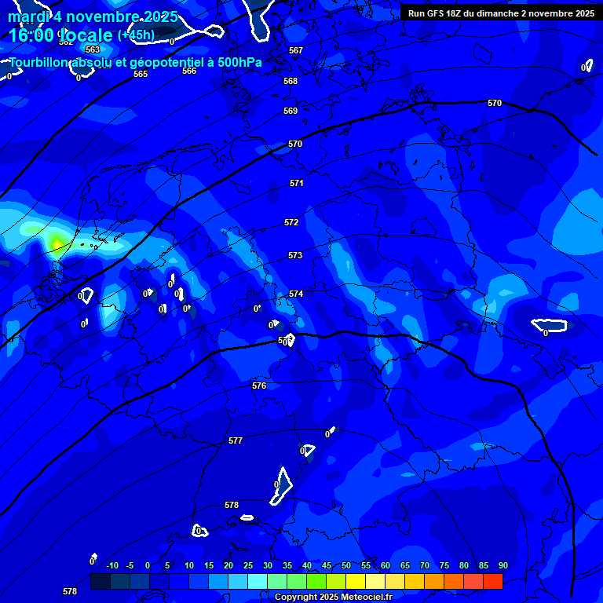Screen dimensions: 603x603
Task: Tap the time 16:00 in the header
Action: click(x=31, y=35)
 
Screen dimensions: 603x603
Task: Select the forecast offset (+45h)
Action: click(x=136, y=35)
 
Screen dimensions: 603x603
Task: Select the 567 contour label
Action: click(x=296, y=50)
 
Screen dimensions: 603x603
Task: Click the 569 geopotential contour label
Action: click(x=291, y=111)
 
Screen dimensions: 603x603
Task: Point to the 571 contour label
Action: click(x=296, y=183)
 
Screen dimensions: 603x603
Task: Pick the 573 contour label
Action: click(x=295, y=255)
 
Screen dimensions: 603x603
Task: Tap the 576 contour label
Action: click(x=259, y=386)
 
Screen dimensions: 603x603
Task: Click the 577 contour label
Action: click(x=236, y=440)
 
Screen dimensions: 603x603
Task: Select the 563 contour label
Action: click(x=93, y=49)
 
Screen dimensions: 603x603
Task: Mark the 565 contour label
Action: click(x=141, y=74)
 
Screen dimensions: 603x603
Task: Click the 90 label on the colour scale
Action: click(x=502, y=566)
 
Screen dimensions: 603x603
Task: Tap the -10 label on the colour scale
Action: click(x=111, y=566)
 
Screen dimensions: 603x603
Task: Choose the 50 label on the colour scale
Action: click(x=346, y=566)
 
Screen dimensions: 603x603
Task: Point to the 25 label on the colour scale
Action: click(x=248, y=566)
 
